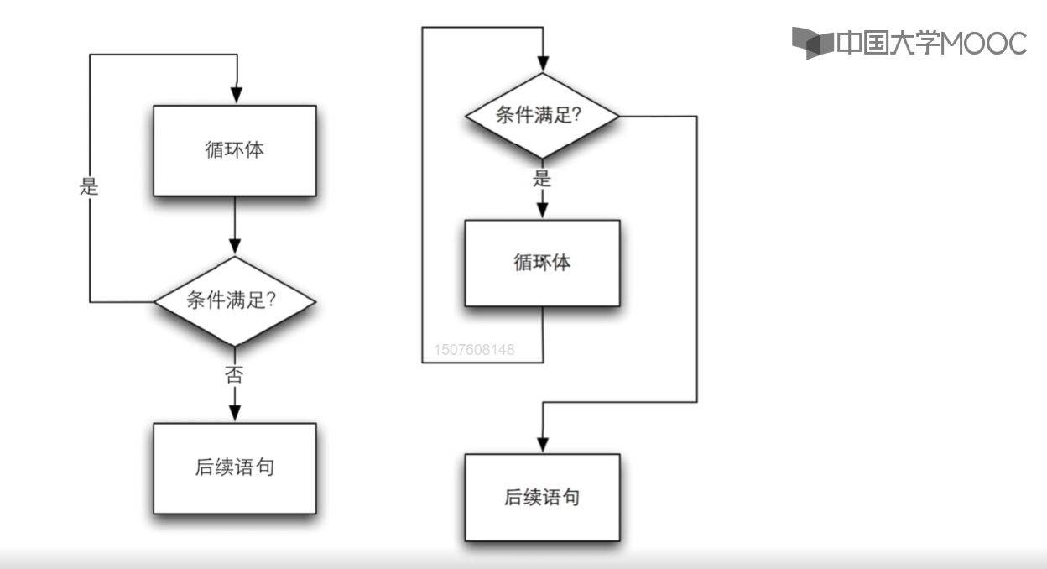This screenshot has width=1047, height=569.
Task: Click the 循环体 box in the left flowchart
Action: (235, 151)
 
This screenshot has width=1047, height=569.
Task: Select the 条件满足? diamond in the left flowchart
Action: (234, 300)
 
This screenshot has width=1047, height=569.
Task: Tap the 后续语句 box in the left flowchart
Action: (234, 467)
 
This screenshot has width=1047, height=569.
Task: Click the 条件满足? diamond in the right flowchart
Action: (542, 116)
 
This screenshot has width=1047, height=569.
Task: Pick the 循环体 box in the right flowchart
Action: (542, 263)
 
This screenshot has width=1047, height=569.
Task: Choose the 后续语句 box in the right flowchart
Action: (542, 498)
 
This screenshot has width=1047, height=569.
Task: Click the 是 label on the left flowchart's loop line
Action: (89, 187)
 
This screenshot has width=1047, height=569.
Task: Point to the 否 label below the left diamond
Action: (234, 374)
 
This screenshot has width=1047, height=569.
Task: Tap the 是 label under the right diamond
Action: (542, 179)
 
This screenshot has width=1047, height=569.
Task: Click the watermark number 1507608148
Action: (474, 349)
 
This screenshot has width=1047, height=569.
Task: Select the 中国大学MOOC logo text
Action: (931, 43)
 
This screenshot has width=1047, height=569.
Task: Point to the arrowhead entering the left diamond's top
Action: (235, 246)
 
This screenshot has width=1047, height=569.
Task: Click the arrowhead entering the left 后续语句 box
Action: (235, 413)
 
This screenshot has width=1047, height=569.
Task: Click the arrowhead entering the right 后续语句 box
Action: (543, 444)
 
